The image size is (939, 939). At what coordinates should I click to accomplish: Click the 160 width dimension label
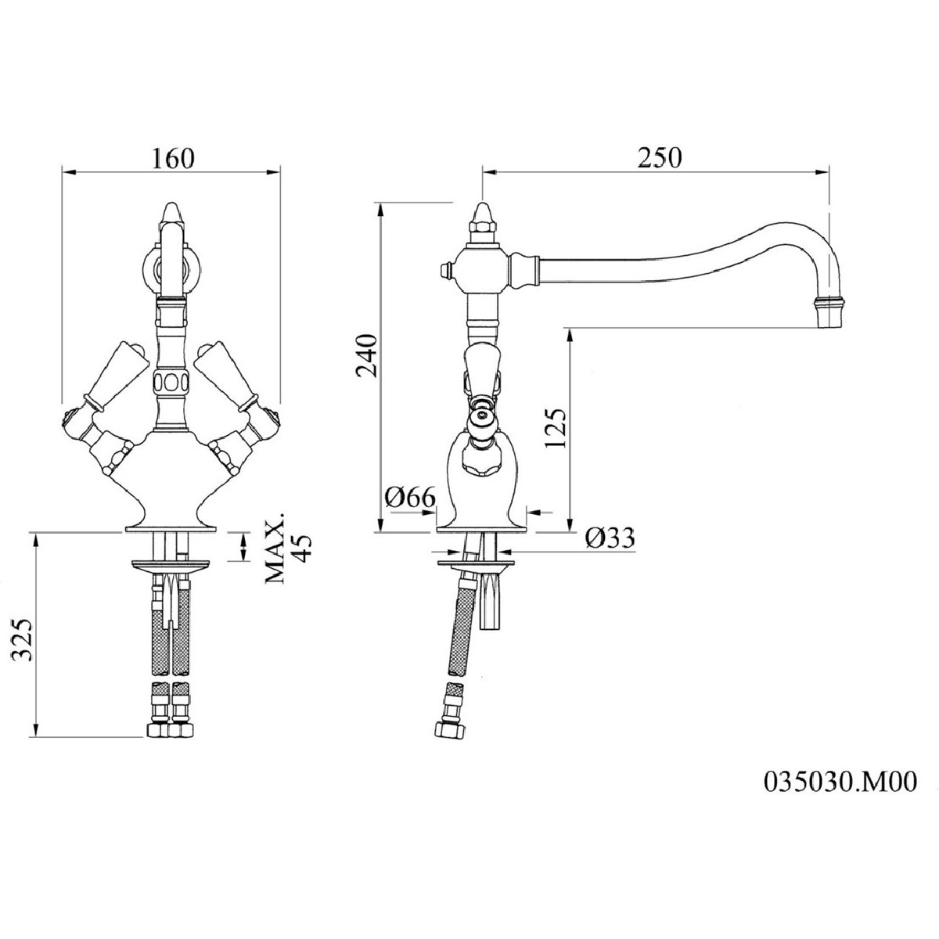click(x=173, y=158)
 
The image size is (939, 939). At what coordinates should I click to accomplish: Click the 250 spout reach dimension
click(x=660, y=157)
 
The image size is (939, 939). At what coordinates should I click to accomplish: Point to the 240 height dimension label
click(x=366, y=356)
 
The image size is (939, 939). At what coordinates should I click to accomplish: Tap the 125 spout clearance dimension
click(x=557, y=428)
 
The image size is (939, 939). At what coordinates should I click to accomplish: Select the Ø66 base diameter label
click(x=410, y=498)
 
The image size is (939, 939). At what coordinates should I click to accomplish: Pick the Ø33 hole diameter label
click(x=610, y=538)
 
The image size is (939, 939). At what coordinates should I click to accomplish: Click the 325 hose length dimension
click(x=23, y=640)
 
